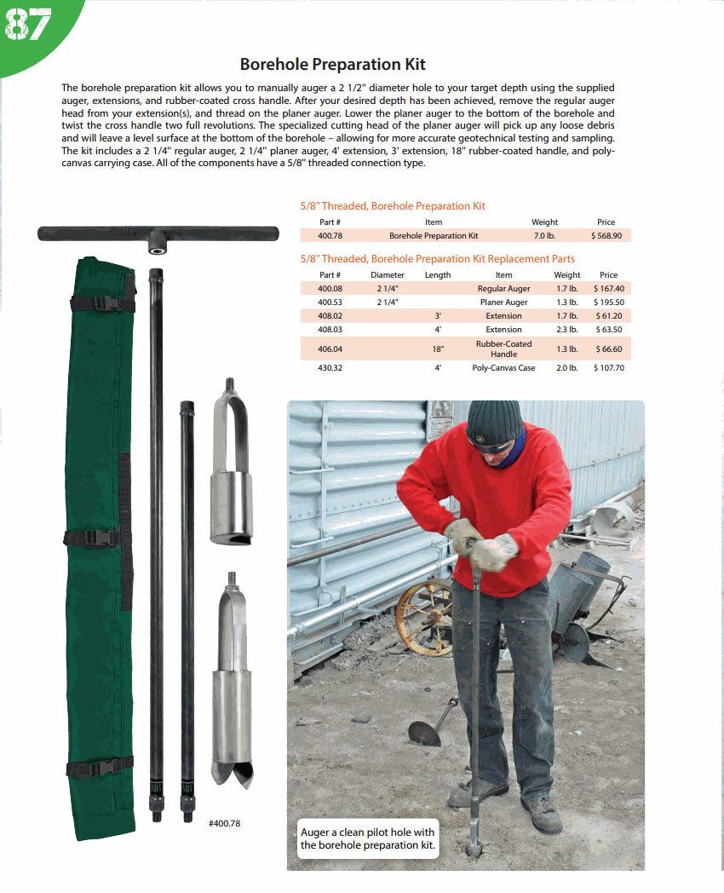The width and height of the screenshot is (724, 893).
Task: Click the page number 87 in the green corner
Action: (27, 26)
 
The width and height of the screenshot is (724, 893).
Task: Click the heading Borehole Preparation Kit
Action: (332, 64)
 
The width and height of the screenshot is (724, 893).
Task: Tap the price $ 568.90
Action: (606, 236)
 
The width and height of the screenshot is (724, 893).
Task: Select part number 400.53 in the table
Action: (330, 302)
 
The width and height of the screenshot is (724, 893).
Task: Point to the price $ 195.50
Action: (608, 302)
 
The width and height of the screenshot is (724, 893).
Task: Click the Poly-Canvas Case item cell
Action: (503, 368)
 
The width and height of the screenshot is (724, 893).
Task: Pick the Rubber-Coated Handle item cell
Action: (503, 349)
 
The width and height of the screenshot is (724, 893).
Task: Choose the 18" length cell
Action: (438, 349)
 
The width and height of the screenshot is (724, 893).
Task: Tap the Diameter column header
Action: (388, 275)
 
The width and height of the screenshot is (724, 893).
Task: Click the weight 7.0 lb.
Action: (544, 236)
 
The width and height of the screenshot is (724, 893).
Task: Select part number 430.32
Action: (330, 368)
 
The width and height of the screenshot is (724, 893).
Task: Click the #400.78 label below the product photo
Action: (225, 824)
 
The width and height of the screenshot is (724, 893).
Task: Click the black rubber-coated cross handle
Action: (158, 233)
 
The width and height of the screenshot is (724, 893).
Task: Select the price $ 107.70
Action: (608, 368)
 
